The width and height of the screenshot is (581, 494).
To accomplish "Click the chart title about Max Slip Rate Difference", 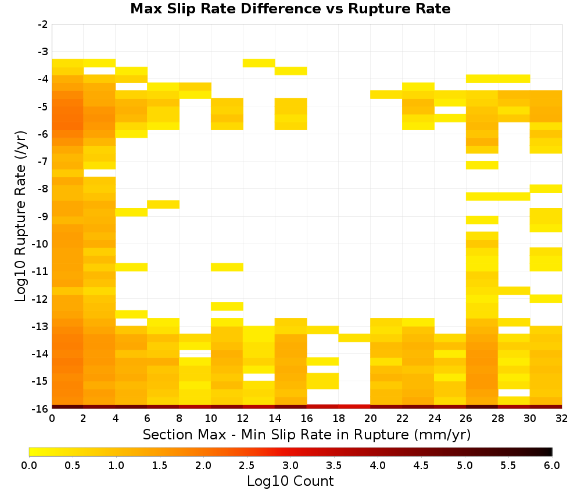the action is (x=290, y=8).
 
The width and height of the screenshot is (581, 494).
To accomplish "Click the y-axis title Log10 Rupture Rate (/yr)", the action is (x=20, y=216).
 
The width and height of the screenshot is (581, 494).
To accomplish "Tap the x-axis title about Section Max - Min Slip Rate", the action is (x=306, y=434).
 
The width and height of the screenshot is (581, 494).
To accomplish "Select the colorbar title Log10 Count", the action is (x=290, y=481).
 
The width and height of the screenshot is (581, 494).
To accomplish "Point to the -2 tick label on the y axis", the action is (x=43, y=24).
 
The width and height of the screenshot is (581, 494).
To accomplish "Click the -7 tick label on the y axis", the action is (x=43, y=162).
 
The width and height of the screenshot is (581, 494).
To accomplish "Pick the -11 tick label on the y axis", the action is (x=41, y=271).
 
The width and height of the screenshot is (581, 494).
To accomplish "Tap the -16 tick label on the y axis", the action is (x=41, y=409).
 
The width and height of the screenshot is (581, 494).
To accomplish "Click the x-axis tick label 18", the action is (x=339, y=418).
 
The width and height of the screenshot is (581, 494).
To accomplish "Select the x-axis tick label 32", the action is (x=562, y=418).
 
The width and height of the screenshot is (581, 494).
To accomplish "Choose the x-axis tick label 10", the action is (x=211, y=418).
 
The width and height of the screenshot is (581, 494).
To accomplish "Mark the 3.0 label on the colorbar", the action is (x=290, y=465).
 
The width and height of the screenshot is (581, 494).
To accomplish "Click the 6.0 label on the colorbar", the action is (x=552, y=465).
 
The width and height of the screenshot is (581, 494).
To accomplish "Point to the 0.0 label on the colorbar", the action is (x=29, y=465).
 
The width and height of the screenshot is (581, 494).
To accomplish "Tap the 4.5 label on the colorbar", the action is (x=421, y=465).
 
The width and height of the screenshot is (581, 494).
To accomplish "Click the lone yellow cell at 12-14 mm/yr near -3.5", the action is (x=259, y=63).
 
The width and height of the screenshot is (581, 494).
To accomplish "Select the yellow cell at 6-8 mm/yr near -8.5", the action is (x=163, y=204).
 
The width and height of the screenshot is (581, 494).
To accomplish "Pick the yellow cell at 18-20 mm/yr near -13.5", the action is (x=354, y=338).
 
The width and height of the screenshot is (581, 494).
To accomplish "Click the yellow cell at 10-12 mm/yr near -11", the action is (x=227, y=267).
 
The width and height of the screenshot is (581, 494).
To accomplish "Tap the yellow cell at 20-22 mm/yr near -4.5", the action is (x=386, y=95).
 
